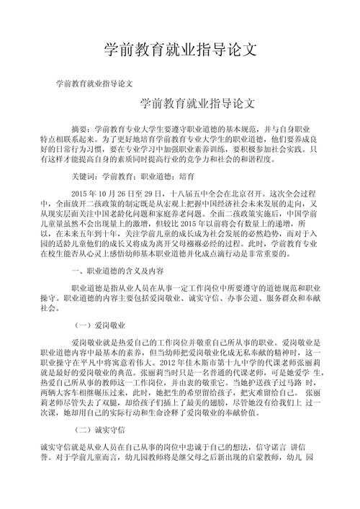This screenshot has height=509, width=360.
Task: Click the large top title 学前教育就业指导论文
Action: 179,50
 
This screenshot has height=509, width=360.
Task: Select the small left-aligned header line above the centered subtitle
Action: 94,84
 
